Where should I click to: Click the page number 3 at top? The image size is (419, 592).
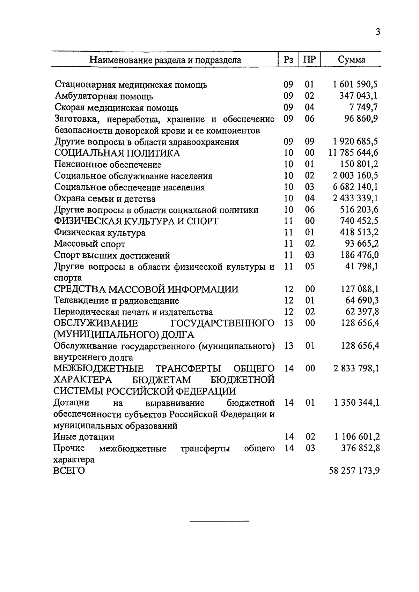(377, 32)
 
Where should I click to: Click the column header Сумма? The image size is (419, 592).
(351, 60)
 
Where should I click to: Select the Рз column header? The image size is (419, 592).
(288, 60)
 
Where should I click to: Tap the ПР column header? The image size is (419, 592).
(309, 60)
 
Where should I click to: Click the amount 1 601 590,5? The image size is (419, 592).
(355, 84)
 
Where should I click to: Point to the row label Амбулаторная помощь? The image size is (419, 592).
(104, 96)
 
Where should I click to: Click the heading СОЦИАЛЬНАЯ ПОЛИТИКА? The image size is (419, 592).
(117, 153)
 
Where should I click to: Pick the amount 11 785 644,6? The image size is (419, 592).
(353, 153)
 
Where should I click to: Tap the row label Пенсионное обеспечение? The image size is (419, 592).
(108, 164)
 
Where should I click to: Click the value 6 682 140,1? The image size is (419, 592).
(355, 187)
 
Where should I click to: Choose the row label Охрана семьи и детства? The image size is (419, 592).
(105, 199)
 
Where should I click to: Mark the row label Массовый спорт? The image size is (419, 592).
(89, 244)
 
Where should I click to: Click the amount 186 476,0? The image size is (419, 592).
(359, 255)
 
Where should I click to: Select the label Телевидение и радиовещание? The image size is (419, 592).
(116, 300)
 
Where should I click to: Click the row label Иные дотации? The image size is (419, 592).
(84, 437)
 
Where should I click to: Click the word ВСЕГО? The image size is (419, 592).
(69, 471)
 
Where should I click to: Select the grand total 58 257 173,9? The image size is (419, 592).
(354, 471)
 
